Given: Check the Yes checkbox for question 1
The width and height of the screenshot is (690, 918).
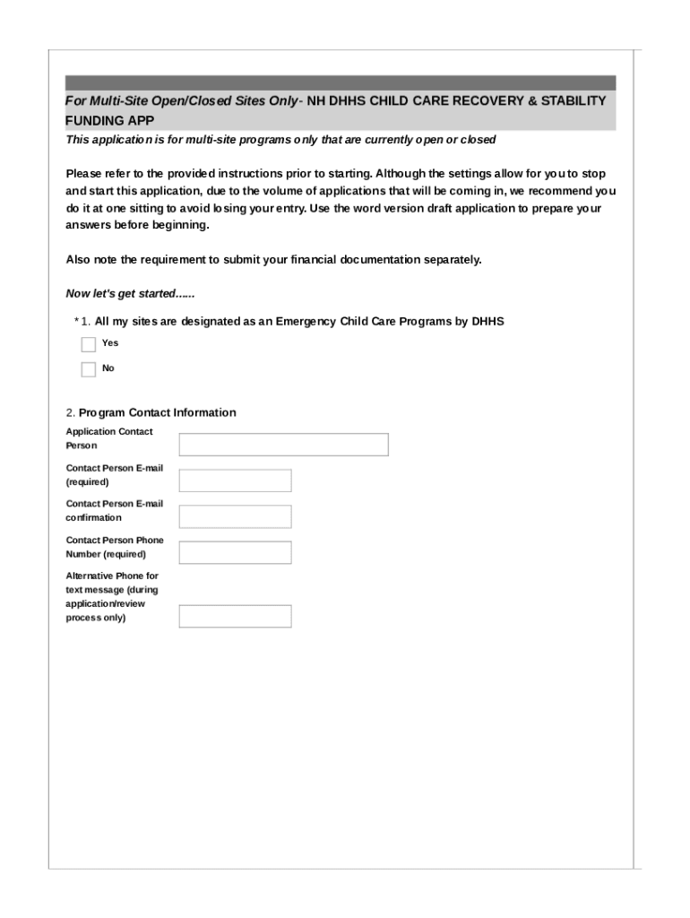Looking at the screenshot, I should [88, 344].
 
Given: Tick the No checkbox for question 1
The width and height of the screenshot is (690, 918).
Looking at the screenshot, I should [88, 369].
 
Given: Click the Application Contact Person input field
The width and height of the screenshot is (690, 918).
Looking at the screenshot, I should [283, 445].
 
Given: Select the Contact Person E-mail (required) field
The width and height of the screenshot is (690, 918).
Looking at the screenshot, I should [235, 481].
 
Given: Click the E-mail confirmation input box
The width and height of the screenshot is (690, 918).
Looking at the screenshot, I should [235, 516].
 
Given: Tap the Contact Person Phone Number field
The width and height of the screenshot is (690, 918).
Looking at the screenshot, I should [235, 552].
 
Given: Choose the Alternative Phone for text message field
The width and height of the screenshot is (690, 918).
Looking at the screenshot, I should [235, 616].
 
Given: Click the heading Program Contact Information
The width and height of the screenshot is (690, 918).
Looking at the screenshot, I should [158, 412].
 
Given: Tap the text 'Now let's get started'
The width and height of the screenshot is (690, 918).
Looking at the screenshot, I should [131, 294].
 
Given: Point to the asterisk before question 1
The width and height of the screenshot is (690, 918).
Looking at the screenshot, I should [76, 321].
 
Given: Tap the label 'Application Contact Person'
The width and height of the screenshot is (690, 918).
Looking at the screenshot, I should [108, 438].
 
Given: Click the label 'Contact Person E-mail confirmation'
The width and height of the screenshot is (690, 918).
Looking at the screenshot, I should [114, 510].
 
